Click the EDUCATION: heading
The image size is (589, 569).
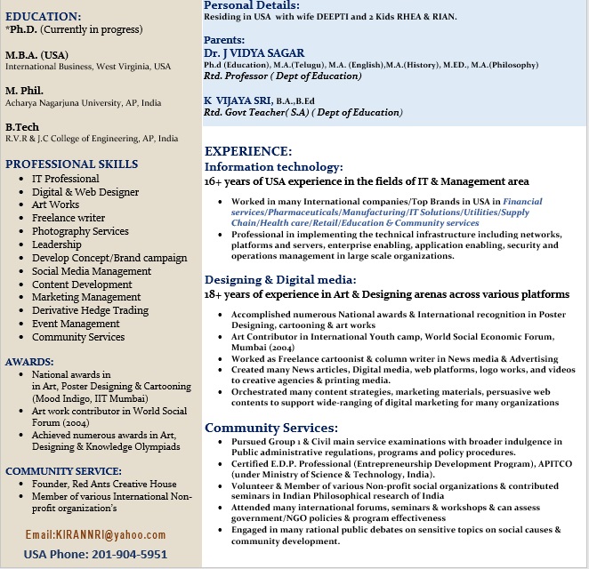(x=43, y=16)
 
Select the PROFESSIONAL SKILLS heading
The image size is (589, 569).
(x=71, y=164)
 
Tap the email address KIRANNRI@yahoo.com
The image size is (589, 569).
(x=95, y=534)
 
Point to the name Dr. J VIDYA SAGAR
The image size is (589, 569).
(x=254, y=53)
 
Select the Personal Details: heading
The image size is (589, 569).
(x=251, y=5)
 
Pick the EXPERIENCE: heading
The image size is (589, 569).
(x=248, y=151)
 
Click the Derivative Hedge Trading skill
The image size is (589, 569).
(x=90, y=310)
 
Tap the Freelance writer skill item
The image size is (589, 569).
(x=69, y=218)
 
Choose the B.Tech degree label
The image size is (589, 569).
(x=23, y=126)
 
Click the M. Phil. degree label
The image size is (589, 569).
(x=25, y=90)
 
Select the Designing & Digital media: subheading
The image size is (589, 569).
(x=280, y=279)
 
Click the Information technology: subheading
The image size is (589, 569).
(x=273, y=166)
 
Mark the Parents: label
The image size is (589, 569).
(x=224, y=40)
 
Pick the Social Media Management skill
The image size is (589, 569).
(x=92, y=271)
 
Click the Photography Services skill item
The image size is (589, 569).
(x=80, y=231)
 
